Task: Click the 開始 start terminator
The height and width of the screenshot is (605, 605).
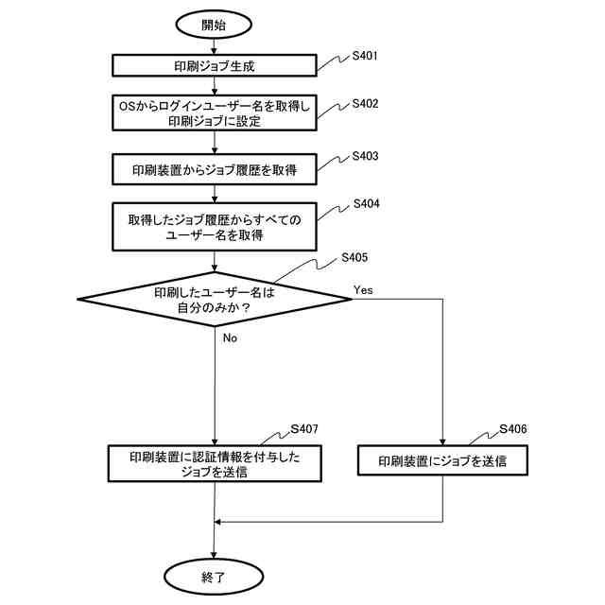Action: pos(214,24)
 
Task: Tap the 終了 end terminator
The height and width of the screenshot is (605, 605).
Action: pos(214,575)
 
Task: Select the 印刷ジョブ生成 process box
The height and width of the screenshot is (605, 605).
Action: pos(215,66)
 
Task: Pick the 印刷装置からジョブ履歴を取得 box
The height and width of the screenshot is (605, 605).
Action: pos(215,170)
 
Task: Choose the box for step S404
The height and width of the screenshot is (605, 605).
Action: pos(215,227)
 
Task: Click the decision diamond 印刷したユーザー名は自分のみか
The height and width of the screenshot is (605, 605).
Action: pos(215,300)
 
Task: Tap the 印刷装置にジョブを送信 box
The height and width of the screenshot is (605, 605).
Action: pos(442,461)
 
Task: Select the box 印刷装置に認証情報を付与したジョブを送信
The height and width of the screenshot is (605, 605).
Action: pos(215,464)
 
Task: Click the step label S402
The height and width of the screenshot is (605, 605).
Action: pos(365,103)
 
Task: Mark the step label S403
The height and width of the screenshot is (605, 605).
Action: pos(365,155)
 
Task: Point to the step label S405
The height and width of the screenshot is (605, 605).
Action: pos(354,257)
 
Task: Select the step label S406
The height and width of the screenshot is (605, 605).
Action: pos(513,429)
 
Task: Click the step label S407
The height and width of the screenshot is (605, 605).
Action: pos(304,429)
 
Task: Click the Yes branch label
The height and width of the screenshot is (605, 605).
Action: pos(363,289)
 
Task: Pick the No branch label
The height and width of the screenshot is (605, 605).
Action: pos(230,337)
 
